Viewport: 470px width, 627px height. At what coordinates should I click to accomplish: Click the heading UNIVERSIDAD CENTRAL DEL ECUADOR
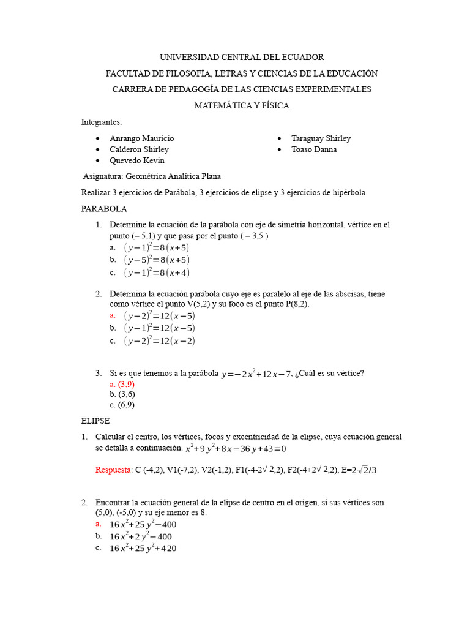(x=242, y=57)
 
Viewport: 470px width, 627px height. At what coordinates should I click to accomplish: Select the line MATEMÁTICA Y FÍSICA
(x=242, y=105)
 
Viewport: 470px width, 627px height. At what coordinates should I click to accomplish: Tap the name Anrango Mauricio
(x=141, y=138)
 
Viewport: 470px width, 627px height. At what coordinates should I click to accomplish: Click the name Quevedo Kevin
(x=136, y=160)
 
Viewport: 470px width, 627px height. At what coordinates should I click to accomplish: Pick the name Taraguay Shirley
(x=321, y=138)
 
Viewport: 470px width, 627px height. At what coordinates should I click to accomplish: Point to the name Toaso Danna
(x=314, y=149)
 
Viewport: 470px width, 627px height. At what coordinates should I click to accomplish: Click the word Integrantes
(x=102, y=122)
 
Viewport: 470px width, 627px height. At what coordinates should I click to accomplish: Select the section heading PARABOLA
(x=104, y=209)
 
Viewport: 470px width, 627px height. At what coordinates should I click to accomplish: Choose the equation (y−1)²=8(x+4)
(x=157, y=272)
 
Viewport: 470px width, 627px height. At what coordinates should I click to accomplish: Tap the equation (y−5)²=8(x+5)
(x=157, y=260)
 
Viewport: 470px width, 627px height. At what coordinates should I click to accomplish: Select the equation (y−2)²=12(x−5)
(x=159, y=315)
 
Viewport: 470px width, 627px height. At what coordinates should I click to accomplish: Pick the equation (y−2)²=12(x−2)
(x=159, y=340)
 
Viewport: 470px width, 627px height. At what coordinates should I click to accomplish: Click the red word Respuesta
(x=114, y=470)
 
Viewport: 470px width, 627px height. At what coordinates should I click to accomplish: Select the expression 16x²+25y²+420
(x=143, y=548)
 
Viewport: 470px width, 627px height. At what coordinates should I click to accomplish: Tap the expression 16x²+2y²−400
(x=141, y=536)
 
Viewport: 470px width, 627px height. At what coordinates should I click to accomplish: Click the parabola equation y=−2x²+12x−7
(x=256, y=374)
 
